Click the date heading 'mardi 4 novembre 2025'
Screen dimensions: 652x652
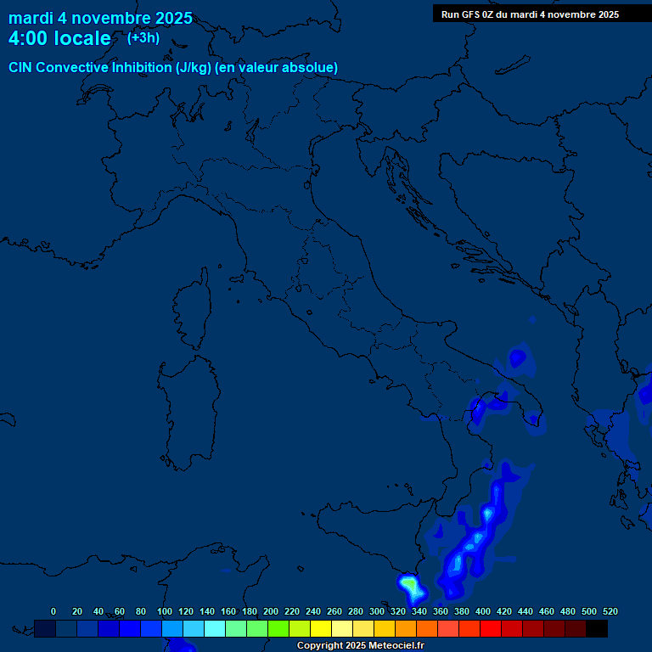coord(100,18)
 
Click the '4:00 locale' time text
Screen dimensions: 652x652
coord(59,38)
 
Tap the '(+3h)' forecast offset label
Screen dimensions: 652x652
coord(143,37)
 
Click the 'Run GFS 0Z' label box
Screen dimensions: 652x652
coord(530,14)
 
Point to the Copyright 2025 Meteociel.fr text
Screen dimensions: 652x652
coord(360,646)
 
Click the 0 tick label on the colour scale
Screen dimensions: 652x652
coord(53,611)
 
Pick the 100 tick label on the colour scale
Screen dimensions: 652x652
coord(165,611)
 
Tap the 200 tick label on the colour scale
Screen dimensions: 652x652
coord(271,611)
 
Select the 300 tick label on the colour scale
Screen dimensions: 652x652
coord(377,611)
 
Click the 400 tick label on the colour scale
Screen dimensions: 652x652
coord(483,611)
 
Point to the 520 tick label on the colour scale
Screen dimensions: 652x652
coord(610,611)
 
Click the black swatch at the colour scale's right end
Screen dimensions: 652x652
coord(597,629)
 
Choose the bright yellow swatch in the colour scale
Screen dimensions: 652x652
coord(321,629)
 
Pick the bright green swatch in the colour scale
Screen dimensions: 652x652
coord(278,629)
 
